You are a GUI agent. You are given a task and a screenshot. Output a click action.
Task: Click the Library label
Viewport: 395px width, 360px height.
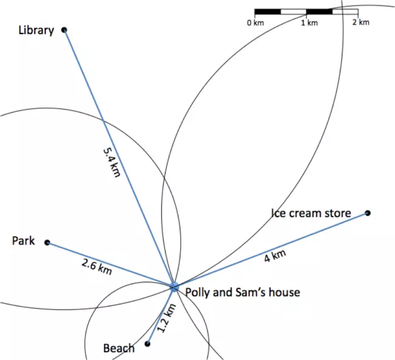(x=36, y=30)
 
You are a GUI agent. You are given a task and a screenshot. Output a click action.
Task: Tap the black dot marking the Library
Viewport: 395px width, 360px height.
(x=64, y=29)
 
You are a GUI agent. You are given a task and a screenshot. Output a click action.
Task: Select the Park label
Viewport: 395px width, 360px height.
(x=24, y=241)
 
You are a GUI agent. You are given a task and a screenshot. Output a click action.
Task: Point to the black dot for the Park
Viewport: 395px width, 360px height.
(x=47, y=243)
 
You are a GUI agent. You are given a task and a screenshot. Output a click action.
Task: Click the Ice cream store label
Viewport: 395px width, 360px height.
(x=311, y=213)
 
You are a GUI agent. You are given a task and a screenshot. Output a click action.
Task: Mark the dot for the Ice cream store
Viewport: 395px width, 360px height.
(x=367, y=213)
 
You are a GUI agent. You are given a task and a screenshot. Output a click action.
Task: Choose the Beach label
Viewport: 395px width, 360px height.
(x=118, y=348)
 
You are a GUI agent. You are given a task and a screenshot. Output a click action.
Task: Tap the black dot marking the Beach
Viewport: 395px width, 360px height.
(x=147, y=344)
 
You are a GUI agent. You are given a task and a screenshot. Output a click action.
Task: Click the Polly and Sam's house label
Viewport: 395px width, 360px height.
(x=242, y=292)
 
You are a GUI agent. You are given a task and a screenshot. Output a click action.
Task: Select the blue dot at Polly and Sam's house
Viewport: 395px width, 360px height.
(x=174, y=286)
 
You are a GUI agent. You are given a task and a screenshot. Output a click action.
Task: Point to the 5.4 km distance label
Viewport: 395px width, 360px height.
(x=112, y=161)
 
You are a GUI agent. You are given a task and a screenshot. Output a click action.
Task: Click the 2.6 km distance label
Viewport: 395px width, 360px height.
(x=96, y=266)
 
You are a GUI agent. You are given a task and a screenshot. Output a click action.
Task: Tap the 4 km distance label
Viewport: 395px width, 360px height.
(x=275, y=257)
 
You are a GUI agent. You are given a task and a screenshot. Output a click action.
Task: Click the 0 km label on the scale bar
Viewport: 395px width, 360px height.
(x=255, y=22)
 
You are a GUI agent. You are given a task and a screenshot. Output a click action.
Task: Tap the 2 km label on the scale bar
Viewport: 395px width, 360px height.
(x=360, y=22)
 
